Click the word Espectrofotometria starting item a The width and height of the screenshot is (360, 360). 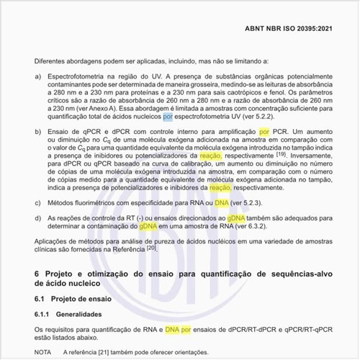pyautogui.click(x=76, y=76)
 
